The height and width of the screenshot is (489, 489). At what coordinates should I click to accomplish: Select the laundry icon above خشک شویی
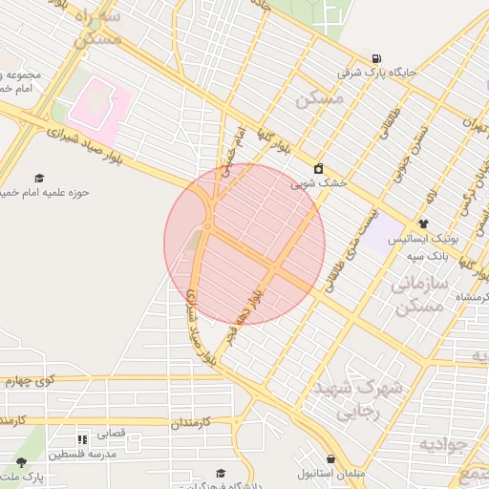pos(318,168)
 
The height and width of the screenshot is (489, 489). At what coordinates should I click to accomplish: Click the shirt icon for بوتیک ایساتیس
pos(424,223)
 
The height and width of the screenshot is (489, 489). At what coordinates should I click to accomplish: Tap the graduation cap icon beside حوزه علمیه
pos(39,178)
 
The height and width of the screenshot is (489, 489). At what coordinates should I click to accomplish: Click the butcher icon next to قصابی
pos(82,439)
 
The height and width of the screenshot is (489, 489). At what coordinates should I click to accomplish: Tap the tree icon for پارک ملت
pos(21,462)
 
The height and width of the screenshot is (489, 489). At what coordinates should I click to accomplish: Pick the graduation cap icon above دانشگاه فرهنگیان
pos(221,473)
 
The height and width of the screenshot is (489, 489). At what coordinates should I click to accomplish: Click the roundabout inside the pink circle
pos(208,226)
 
